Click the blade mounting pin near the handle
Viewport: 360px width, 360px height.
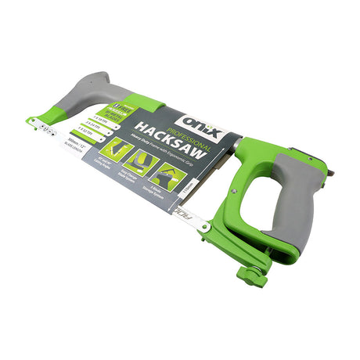coord(206,226)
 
